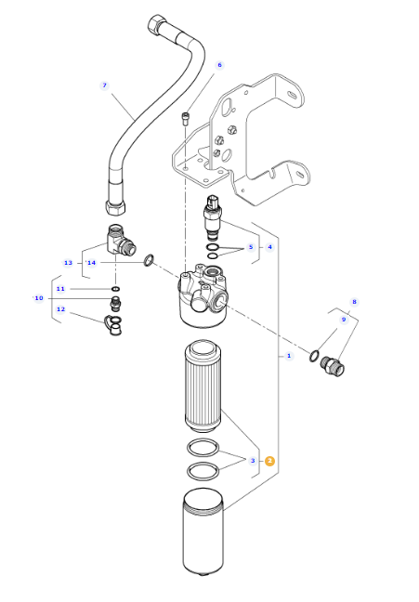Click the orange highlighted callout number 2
[x=270, y=461]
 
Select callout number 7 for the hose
[x=104, y=85]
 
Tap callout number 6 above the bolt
[x=219, y=65]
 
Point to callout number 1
[x=289, y=356]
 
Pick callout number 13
[x=68, y=263]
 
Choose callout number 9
[x=344, y=320]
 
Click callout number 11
[x=60, y=289]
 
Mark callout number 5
[x=251, y=247]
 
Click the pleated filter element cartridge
[x=203, y=387]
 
